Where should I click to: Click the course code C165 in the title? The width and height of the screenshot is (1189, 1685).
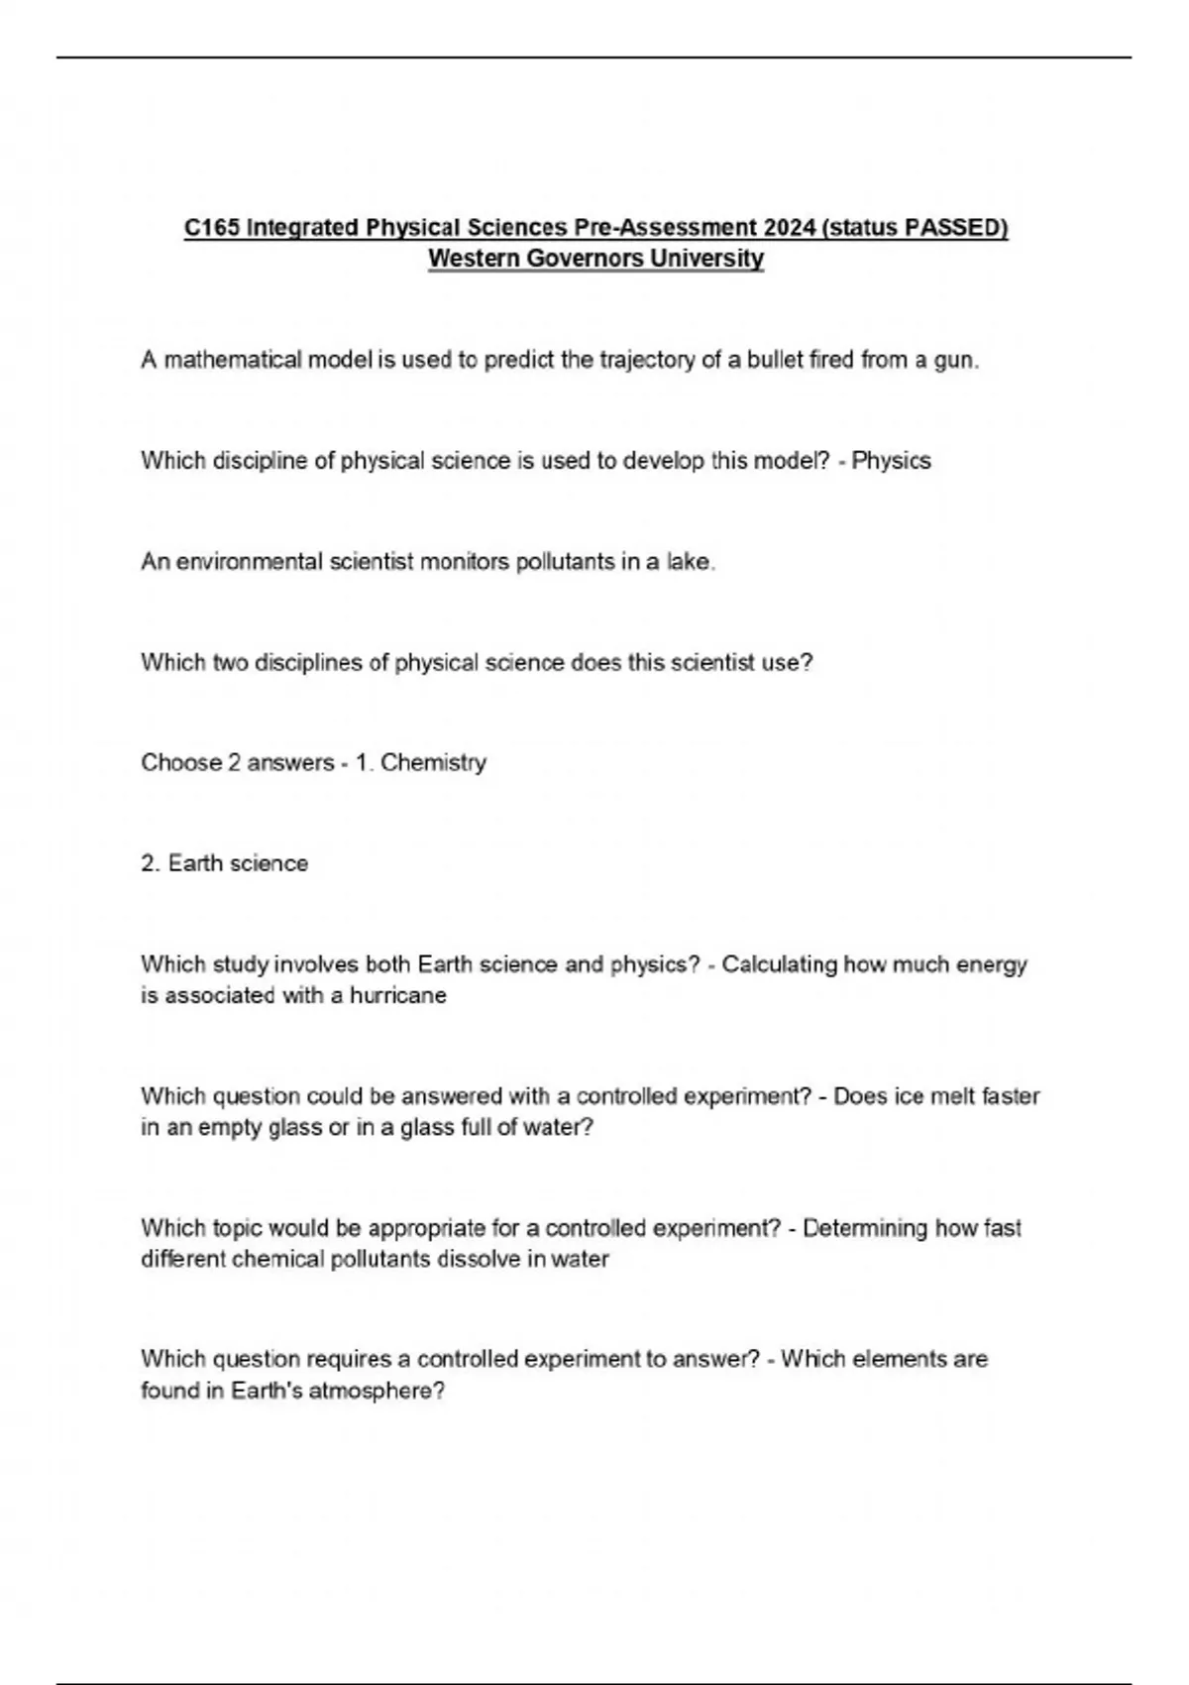(x=211, y=228)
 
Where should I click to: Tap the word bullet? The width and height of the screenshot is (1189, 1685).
(x=775, y=360)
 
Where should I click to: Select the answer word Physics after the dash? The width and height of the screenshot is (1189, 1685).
(x=892, y=461)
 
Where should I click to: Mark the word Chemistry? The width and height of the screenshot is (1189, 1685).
(x=433, y=763)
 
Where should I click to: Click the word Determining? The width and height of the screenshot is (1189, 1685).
(x=865, y=1228)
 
